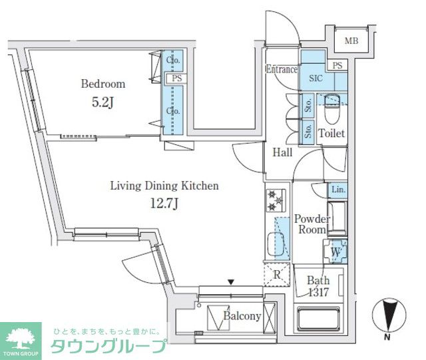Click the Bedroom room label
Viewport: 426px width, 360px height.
(103, 84)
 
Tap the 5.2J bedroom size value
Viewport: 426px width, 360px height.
(103, 104)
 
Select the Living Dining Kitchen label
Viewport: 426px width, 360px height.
(164, 186)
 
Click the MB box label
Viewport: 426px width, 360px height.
(350, 41)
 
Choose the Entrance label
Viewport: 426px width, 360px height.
(282, 69)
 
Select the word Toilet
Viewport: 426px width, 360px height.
(331, 133)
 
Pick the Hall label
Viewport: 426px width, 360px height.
(283, 152)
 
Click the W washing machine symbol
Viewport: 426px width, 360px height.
(335, 252)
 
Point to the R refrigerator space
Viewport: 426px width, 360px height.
(275, 273)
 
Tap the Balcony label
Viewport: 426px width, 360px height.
(242, 316)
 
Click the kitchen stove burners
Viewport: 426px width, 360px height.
(276, 199)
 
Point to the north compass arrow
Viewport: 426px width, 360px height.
(387, 313)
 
